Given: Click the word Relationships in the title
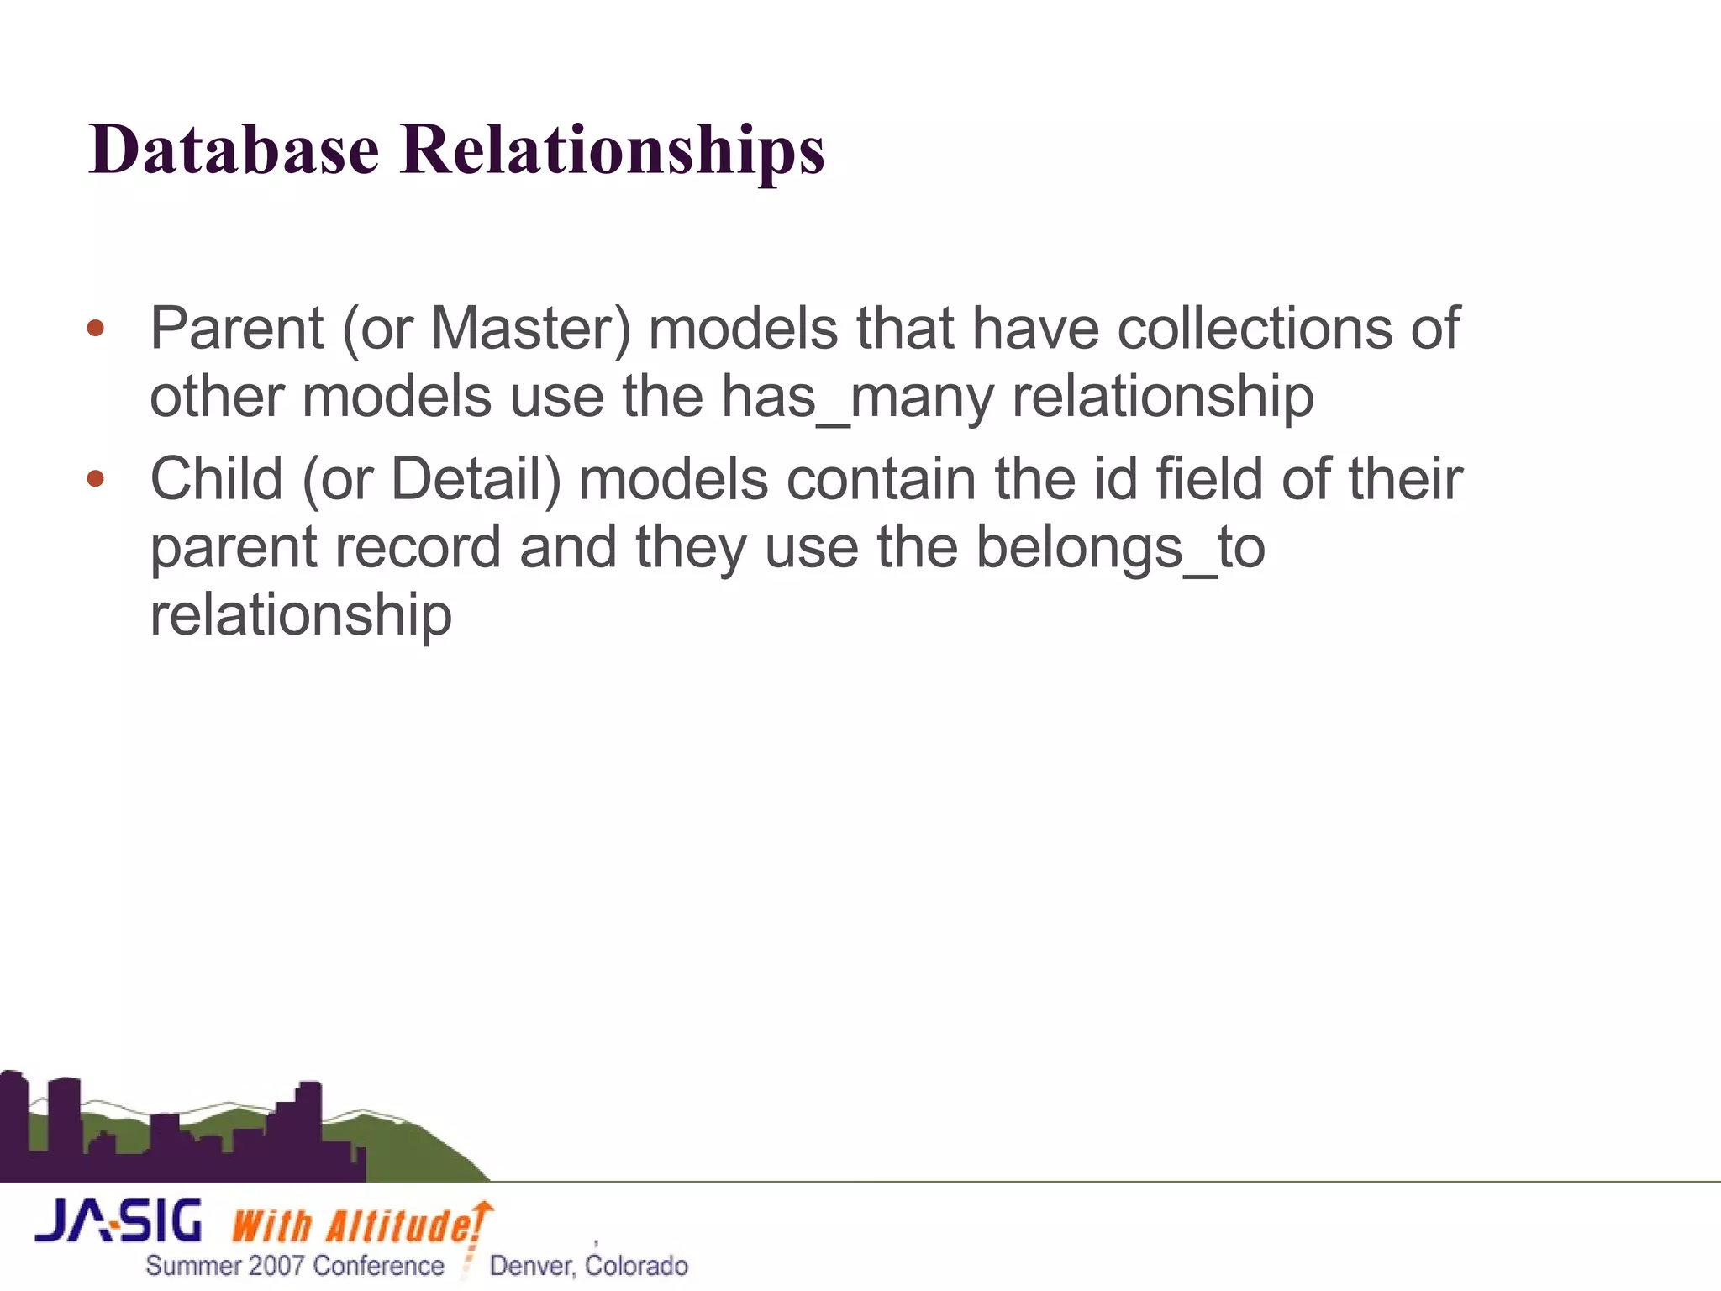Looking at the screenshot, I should coord(612,151).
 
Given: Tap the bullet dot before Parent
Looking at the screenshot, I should coord(96,329).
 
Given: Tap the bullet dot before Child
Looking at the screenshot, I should coord(96,479).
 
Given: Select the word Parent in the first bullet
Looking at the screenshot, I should coord(237,329).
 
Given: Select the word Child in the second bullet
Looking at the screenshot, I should coord(217,479).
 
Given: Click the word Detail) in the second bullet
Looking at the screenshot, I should coord(475,479).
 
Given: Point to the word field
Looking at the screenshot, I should coord(1209,479).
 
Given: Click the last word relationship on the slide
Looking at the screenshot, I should coord(301,615).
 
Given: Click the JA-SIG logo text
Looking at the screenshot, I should coord(118,1221).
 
